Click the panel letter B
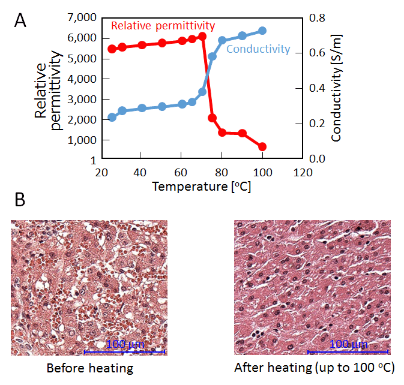(x=20, y=200)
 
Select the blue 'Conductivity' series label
(x=258, y=49)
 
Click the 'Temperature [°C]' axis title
(x=202, y=187)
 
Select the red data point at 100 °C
(x=262, y=147)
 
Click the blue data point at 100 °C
(x=262, y=31)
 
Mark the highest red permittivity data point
(x=202, y=37)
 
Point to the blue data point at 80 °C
(x=222, y=40)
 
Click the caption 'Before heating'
(x=89, y=368)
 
